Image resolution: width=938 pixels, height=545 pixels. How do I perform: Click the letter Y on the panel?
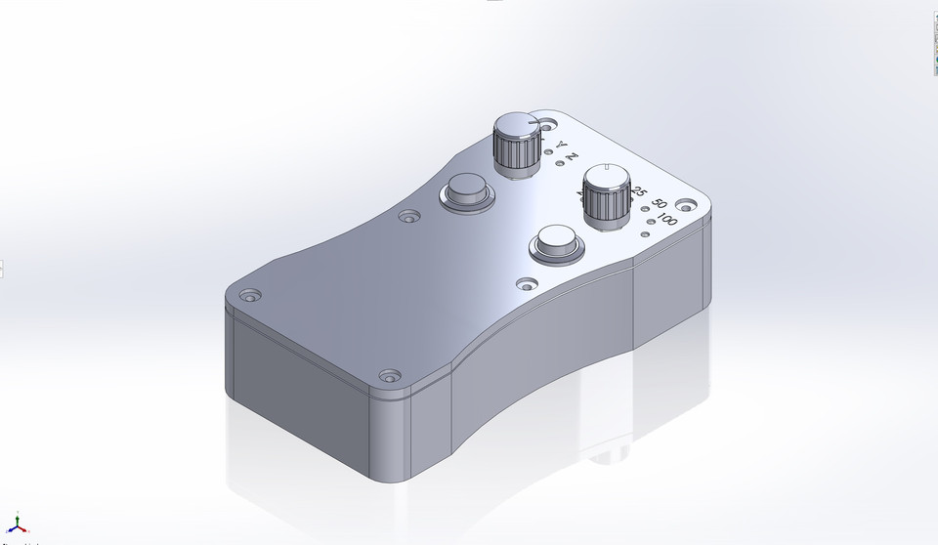point(561,146)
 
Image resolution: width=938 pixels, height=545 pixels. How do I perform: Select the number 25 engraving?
point(640,191)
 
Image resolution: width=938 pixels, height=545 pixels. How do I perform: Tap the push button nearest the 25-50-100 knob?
point(556,243)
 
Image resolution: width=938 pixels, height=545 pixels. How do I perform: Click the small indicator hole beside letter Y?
point(547,151)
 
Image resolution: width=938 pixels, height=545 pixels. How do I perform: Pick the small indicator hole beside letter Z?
point(559,163)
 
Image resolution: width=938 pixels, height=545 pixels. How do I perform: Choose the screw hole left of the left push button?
point(408,216)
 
